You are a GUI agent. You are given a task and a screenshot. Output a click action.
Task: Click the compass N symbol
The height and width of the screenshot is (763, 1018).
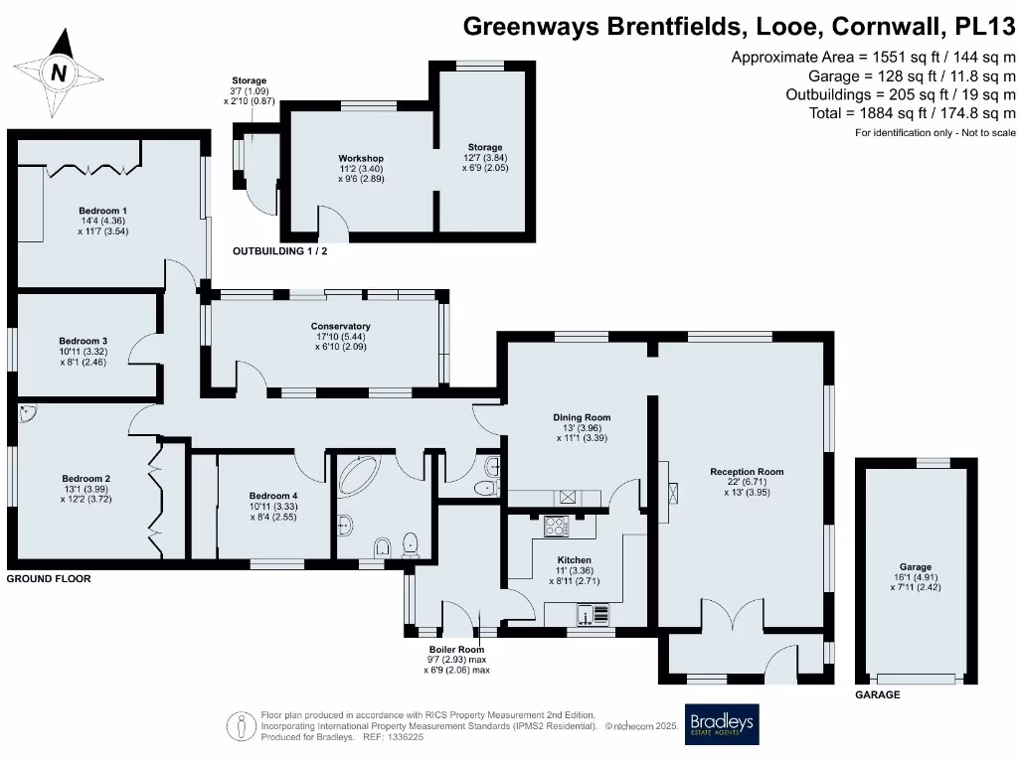pyautogui.click(x=60, y=72)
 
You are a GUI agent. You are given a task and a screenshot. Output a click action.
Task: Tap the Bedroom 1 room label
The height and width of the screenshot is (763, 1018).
pyautogui.click(x=103, y=211)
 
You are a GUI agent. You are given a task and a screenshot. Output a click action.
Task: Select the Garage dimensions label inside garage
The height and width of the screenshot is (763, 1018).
pyautogui.click(x=911, y=577)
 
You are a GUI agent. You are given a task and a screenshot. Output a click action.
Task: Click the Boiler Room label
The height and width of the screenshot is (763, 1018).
pyautogui.click(x=456, y=649)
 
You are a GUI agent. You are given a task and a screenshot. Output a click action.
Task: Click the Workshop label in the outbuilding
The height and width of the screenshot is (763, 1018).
pyautogui.click(x=360, y=159)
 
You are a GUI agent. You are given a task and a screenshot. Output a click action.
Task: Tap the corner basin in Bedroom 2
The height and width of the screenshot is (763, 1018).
pyautogui.click(x=26, y=411)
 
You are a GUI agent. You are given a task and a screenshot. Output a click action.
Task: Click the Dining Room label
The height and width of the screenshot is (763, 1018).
pyautogui.click(x=582, y=417)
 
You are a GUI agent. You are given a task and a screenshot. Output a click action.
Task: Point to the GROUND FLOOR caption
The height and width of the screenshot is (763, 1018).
pyautogui.click(x=49, y=577)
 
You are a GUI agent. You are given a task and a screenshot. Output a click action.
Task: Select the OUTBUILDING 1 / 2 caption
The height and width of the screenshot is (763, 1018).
pyautogui.click(x=279, y=251)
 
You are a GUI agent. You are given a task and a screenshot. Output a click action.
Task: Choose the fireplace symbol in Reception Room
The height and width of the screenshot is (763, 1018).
pyautogui.click(x=673, y=491)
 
